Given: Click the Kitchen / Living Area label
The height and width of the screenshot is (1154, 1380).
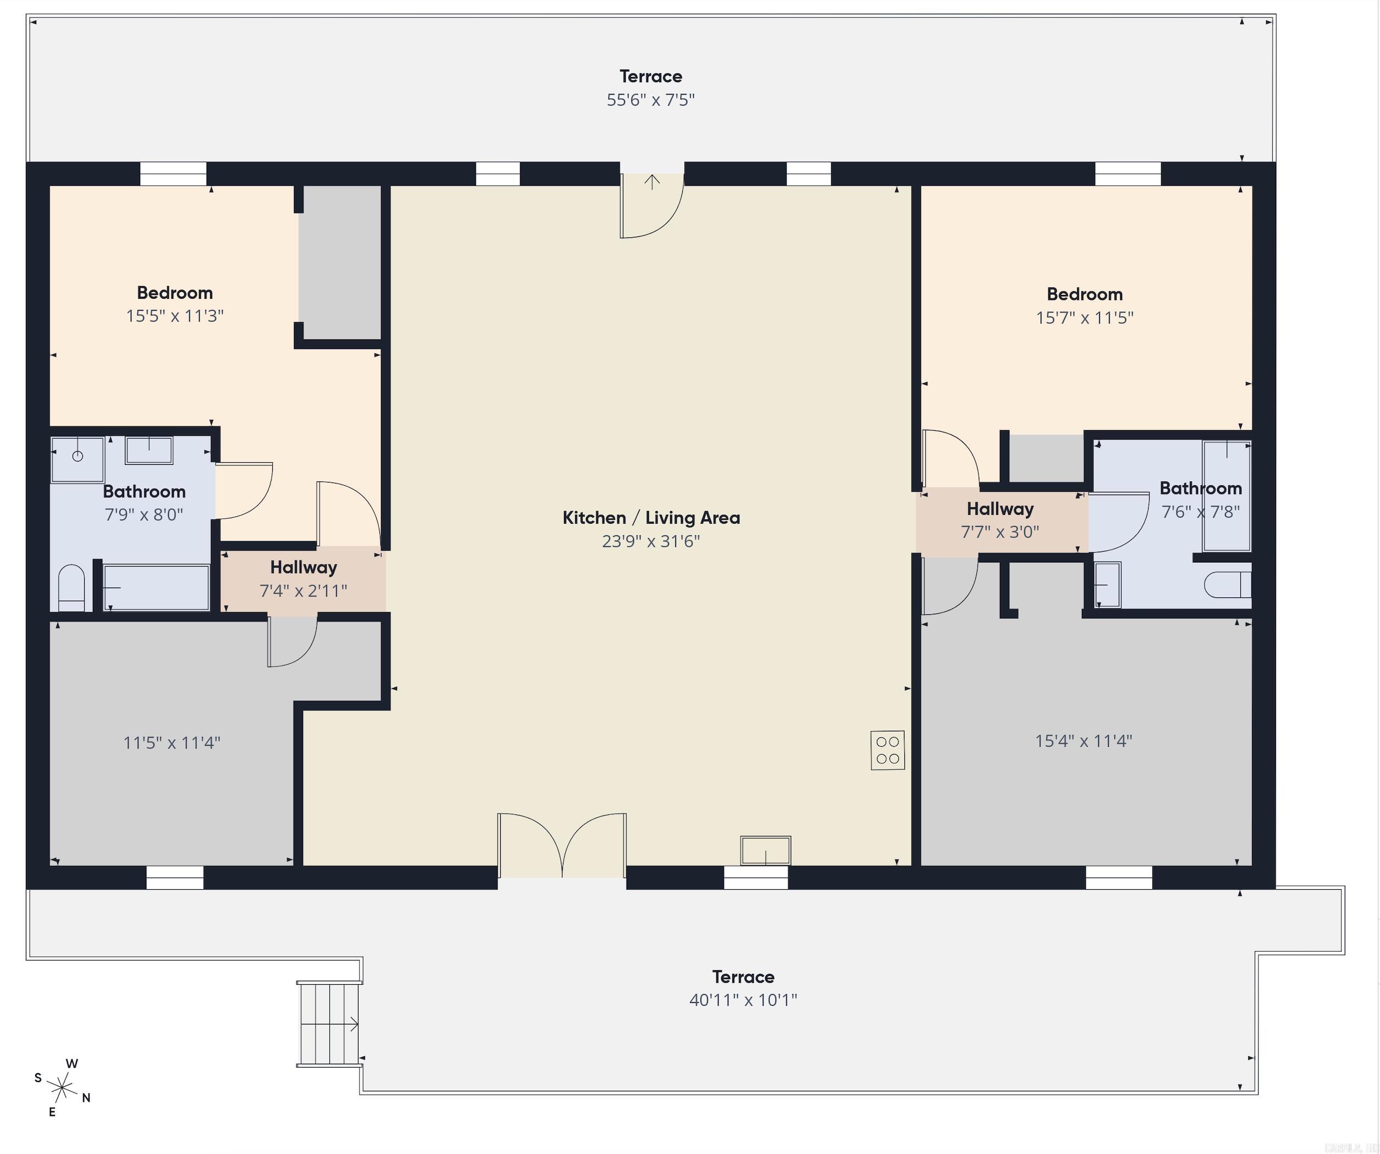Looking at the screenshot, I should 650,518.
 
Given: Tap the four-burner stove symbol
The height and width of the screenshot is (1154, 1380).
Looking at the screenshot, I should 887,750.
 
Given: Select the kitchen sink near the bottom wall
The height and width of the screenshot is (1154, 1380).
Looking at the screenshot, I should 765,850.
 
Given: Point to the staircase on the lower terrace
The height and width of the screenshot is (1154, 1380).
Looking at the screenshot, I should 329,1023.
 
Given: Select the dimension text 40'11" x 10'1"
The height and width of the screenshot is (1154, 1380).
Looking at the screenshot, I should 743,1000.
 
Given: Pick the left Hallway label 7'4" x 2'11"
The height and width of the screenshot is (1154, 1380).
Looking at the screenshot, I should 303,579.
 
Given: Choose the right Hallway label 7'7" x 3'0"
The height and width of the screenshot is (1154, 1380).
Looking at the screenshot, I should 1000,520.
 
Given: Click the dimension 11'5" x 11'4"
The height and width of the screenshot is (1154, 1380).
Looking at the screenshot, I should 172,743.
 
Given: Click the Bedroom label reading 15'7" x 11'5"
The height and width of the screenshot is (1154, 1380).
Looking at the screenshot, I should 1084,306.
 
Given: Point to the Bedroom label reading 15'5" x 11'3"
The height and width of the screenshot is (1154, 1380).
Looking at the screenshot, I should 175,303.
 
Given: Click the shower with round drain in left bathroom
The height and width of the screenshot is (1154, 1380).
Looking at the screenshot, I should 78,458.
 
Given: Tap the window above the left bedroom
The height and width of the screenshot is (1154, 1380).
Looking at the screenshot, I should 174,174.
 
